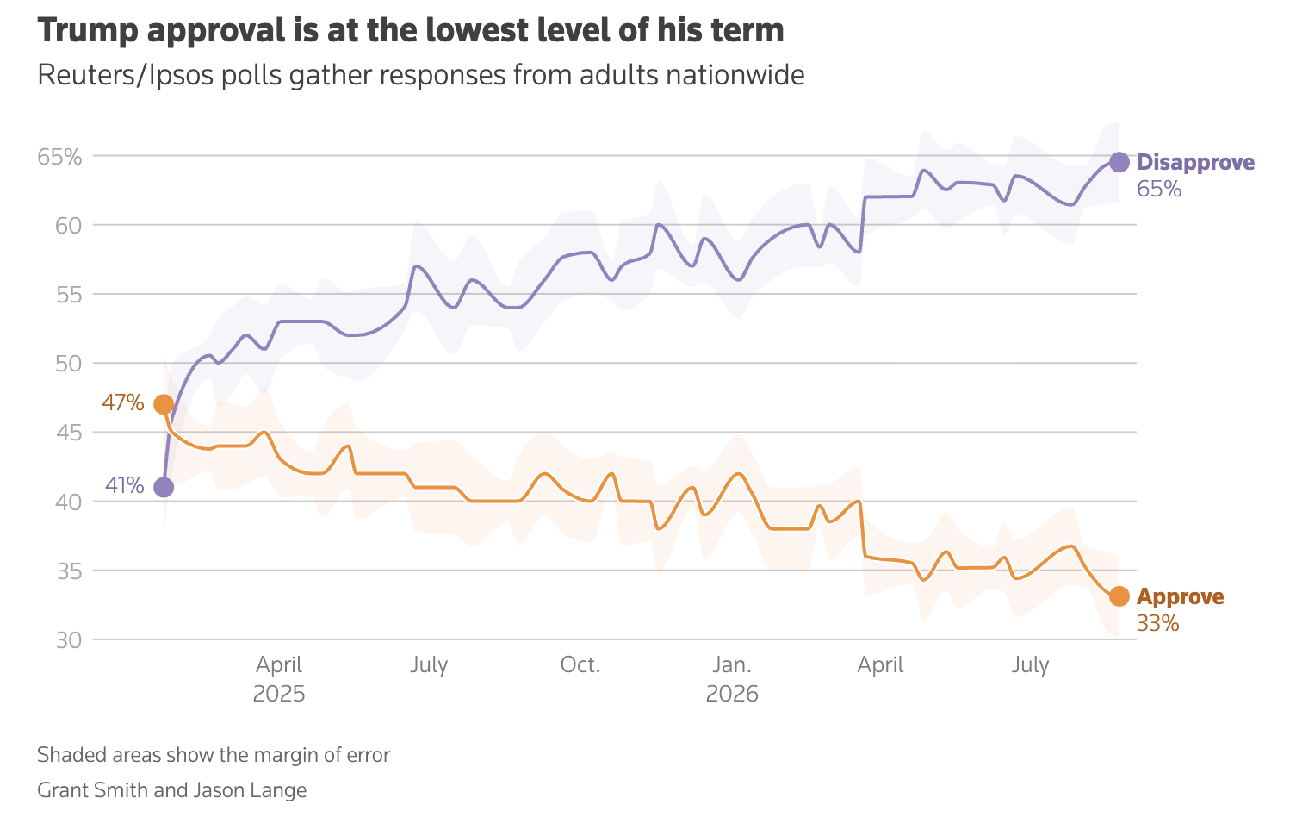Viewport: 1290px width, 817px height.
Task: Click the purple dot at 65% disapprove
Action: click(x=1119, y=163)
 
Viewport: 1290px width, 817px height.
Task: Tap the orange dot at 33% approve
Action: click(x=1119, y=596)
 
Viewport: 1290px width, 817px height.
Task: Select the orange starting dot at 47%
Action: click(x=164, y=404)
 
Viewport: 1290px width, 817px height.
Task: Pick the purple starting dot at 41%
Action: click(x=164, y=488)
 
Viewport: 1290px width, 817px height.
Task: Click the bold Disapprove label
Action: click(x=1195, y=163)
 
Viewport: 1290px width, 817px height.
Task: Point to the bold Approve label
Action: click(x=1180, y=597)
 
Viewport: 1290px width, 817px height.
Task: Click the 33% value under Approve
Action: click(x=1157, y=623)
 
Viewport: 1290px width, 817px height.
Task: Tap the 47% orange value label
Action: click(x=122, y=402)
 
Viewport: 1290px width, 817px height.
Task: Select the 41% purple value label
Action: click(x=124, y=486)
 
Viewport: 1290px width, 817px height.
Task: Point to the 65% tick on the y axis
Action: click(x=59, y=157)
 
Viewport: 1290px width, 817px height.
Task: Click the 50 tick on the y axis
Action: click(x=69, y=364)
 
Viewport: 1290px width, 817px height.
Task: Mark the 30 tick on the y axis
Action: click(x=69, y=640)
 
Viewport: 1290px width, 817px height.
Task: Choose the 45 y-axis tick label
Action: click(x=69, y=433)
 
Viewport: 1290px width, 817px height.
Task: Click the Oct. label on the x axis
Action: click(x=580, y=665)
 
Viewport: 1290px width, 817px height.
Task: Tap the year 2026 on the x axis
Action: click(x=732, y=694)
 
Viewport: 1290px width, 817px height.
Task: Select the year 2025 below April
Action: click(x=279, y=694)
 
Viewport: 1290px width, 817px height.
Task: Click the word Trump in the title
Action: click(x=88, y=30)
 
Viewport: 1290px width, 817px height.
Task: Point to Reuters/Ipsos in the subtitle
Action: click(x=126, y=76)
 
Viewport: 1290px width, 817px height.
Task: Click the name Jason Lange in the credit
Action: click(x=250, y=790)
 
